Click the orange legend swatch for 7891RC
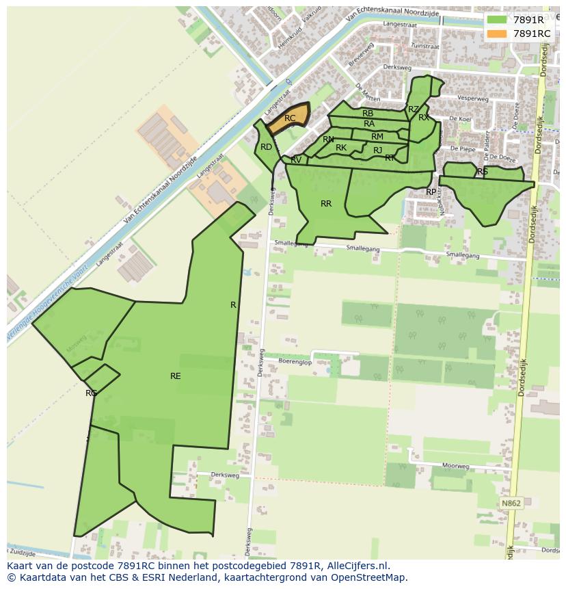click(x=497, y=34)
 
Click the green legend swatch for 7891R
click(x=497, y=20)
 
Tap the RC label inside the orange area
click(x=290, y=118)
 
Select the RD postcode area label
click(x=267, y=147)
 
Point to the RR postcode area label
click(x=326, y=204)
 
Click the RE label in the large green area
click(x=176, y=376)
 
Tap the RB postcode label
click(x=368, y=114)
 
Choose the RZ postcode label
click(x=413, y=109)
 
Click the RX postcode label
click(x=424, y=118)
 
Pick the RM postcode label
click(x=377, y=137)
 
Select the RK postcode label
click(x=341, y=148)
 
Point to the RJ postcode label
click(x=377, y=150)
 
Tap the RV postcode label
click(x=296, y=160)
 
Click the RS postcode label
click(x=483, y=172)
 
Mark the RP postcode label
click(x=431, y=192)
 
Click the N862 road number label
click(x=511, y=503)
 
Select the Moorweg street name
click(x=455, y=466)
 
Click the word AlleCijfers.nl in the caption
click(x=358, y=566)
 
